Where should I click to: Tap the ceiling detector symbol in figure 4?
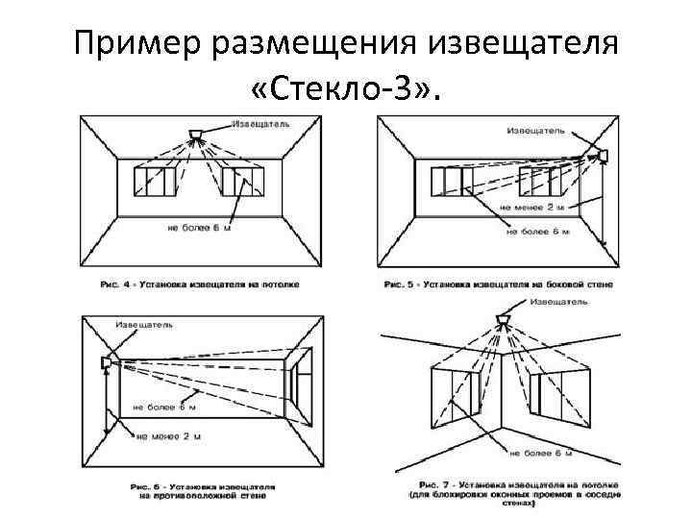point(198,132)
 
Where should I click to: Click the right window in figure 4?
point(241,181)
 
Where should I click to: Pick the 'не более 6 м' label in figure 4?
point(199,229)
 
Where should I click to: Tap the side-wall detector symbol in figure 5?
point(604,155)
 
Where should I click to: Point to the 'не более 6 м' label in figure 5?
point(537,231)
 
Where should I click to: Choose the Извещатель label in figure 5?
point(536,129)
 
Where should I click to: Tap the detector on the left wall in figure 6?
point(105,361)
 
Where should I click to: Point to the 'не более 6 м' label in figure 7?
point(541,451)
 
